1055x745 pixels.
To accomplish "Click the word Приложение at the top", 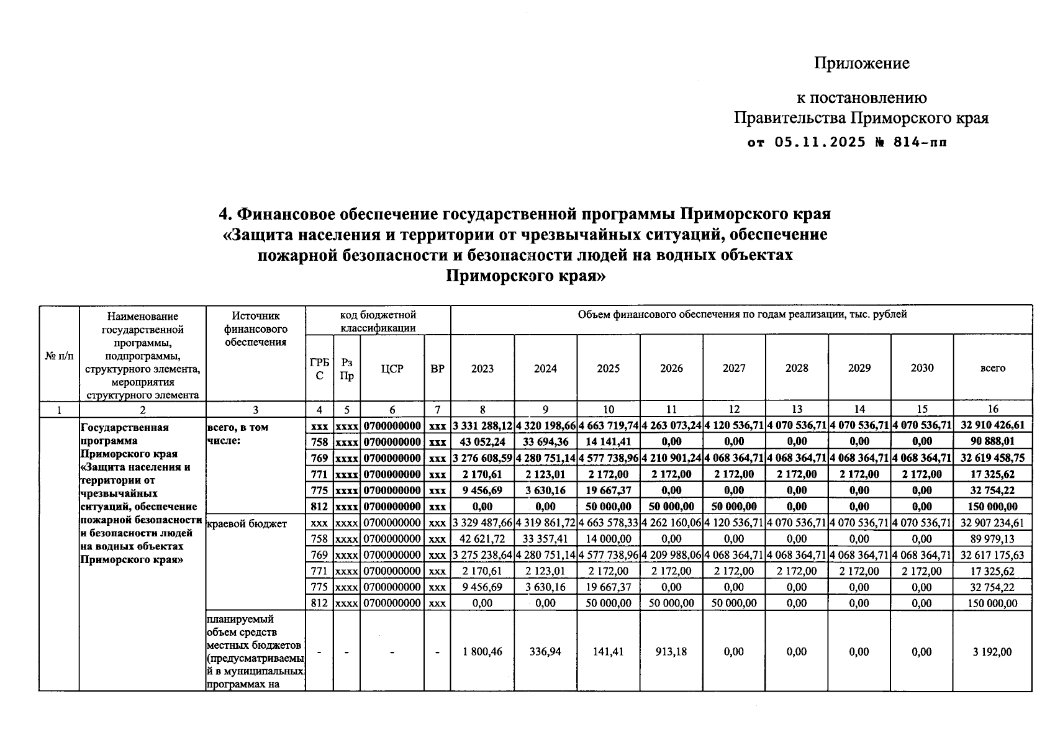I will tap(861, 63).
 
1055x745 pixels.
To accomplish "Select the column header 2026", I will tap(671, 368).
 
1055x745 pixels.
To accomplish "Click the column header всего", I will tap(992, 368).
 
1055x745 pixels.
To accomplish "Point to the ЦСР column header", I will tap(392, 368).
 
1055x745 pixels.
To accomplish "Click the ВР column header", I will tap(437, 368).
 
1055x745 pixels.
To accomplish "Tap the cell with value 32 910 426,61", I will tap(992, 426).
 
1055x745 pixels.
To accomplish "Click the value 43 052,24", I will tap(482, 442).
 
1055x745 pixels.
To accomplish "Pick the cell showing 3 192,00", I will tap(992, 652).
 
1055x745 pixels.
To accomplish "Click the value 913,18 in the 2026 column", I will tap(671, 652).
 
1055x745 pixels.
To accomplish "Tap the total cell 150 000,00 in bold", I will tap(992, 507).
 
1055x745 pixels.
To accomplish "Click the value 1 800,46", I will tap(482, 652).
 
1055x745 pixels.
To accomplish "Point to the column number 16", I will tap(992, 409).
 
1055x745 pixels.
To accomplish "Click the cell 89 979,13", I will tap(992, 539).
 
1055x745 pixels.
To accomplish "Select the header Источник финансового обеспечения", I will tap(255, 329).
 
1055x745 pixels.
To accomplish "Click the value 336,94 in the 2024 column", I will tap(545, 652).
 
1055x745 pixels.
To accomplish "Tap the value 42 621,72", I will tap(482, 539).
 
